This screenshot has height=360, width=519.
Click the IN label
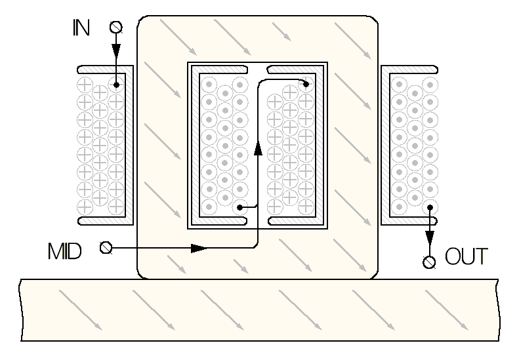click(81, 28)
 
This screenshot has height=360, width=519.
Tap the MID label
click(65, 251)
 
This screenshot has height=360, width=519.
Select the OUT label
click(467, 256)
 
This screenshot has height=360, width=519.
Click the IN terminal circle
click(116, 27)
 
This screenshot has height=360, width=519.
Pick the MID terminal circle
click(106, 247)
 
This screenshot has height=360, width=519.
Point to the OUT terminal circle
click(429, 262)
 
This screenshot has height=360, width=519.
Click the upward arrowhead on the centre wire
click(258, 148)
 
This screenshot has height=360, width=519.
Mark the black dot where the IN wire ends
click(116, 85)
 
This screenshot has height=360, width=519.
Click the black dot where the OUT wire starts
click(430, 207)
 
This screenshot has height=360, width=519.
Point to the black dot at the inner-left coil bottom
click(240, 208)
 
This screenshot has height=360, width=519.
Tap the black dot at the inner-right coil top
click(306, 85)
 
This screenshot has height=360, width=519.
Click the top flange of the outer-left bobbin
click(105, 69)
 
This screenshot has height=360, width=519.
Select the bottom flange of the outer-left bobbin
click(105, 221)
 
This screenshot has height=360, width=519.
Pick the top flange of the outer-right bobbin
click(410, 69)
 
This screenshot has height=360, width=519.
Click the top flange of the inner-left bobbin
click(219, 70)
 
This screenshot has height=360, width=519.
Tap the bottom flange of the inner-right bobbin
click(295, 221)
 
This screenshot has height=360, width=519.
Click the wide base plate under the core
click(260, 310)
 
